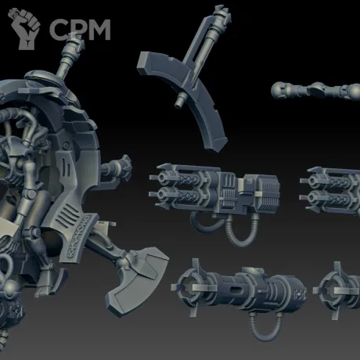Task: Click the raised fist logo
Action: click(x=25, y=28)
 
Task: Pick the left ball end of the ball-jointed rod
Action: click(x=278, y=90)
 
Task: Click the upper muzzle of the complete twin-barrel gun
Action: click(x=162, y=178)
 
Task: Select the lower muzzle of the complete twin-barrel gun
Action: click(x=162, y=194)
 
